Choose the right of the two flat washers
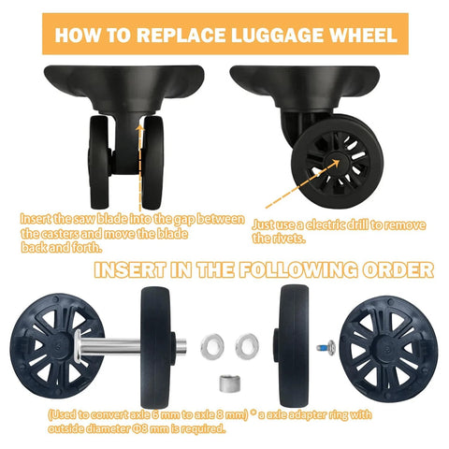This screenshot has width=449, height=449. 247,343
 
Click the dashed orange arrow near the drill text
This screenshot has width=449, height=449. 291,188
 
